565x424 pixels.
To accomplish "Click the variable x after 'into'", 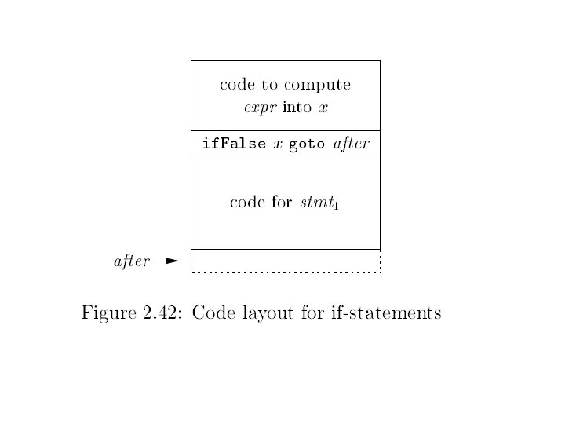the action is click(322, 108).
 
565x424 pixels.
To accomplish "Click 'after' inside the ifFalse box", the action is click(352, 144).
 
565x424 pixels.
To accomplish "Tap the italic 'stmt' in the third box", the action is click(316, 203).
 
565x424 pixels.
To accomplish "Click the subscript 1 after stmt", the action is click(337, 206).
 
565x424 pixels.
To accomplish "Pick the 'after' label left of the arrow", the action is click(131, 261).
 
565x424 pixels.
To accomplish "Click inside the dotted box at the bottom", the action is click(285, 261).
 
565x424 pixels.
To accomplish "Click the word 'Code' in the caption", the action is click(210, 313).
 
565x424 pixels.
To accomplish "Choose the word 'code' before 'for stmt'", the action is click(246, 203).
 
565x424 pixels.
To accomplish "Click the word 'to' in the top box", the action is click(272, 84).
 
